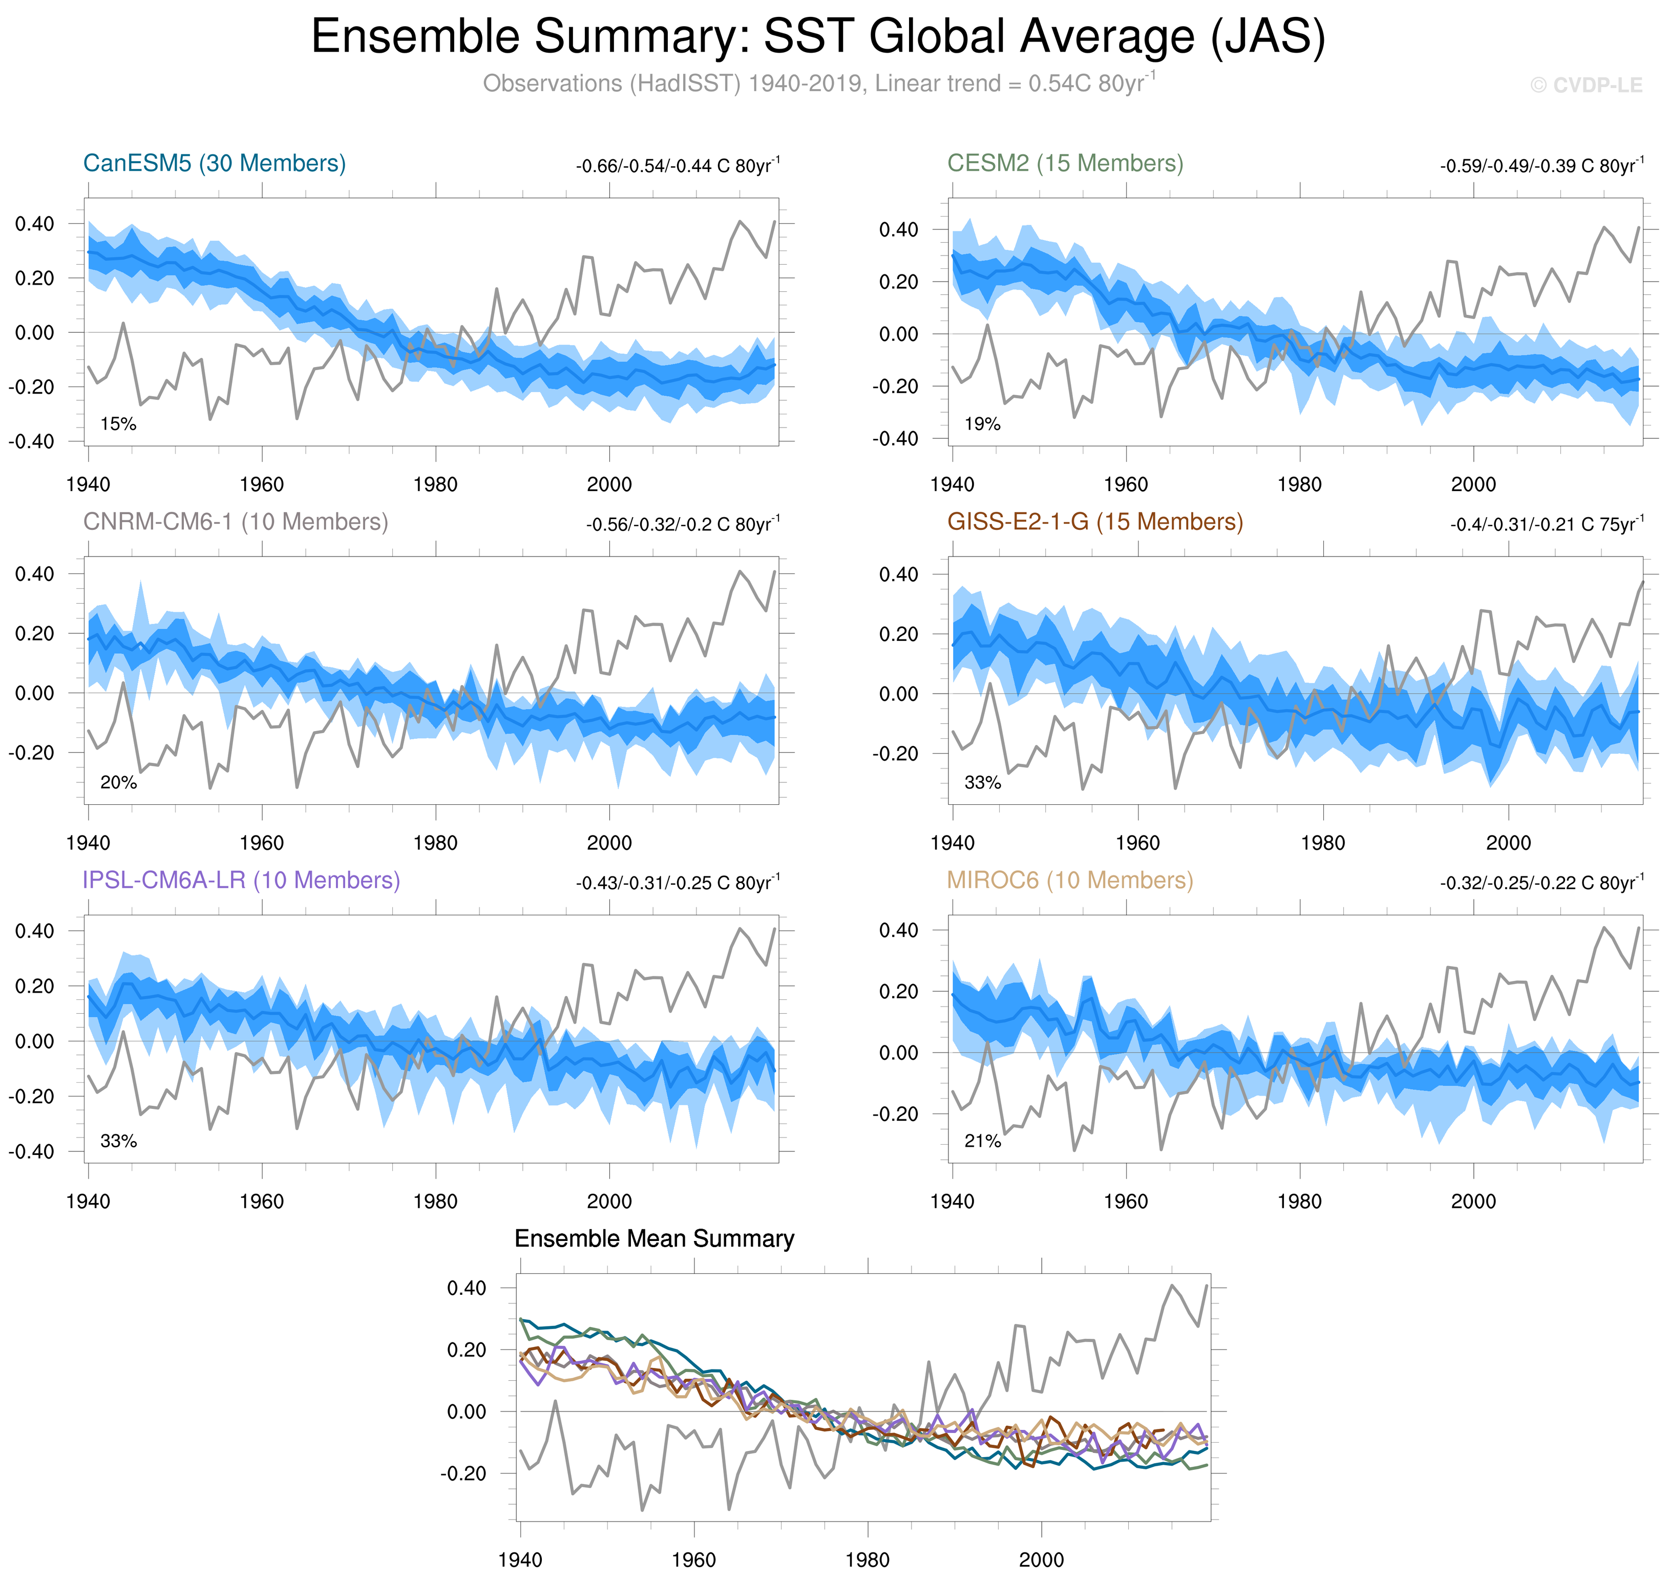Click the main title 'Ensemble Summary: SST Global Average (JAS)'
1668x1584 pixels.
tap(817, 37)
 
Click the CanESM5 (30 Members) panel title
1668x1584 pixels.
tap(215, 163)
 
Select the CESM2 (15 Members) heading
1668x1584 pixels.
tap(1065, 163)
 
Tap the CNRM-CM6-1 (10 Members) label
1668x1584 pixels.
tap(236, 522)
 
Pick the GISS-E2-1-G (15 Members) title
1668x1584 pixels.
tap(1094, 522)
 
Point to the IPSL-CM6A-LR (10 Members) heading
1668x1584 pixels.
tap(241, 880)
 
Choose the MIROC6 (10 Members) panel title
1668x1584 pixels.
tap(1069, 880)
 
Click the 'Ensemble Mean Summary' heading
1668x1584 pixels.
tap(654, 1238)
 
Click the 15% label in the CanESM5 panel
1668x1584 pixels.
tap(118, 424)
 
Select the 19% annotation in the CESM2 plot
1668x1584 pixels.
tap(982, 424)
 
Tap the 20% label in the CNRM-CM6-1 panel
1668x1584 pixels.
tap(118, 783)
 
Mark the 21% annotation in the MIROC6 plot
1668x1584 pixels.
tap(982, 1141)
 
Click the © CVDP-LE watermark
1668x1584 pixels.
tap(1586, 85)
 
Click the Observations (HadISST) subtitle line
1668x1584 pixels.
tap(817, 83)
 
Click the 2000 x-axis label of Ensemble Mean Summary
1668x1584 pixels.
tap(1041, 1559)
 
